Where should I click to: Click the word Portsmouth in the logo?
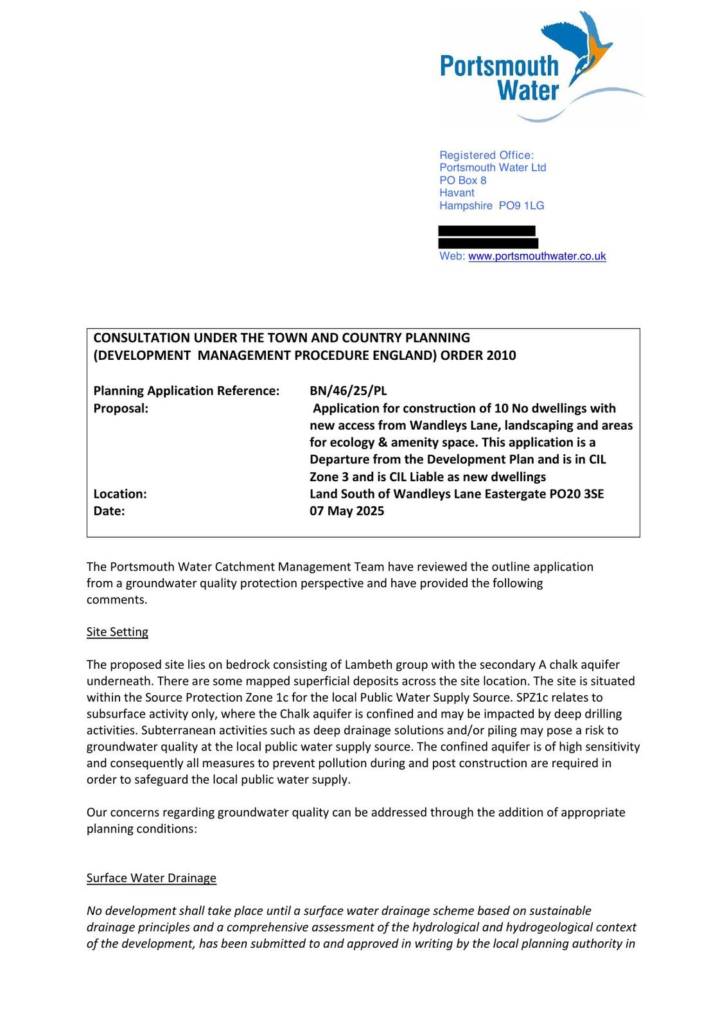pyautogui.click(x=499, y=66)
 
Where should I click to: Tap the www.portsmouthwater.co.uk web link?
pyautogui.click(x=537, y=256)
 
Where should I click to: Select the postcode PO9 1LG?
pyautogui.click(x=521, y=206)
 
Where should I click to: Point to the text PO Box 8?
pyautogui.click(x=462, y=181)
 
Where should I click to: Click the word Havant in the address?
pyautogui.click(x=457, y=193)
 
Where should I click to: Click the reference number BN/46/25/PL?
pyautogui.click(x=348, y=391)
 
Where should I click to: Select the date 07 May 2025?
pyautogui.click(x=347, y=511)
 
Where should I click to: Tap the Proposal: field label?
pyautogui.click(x=121, y=408)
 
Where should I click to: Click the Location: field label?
pyautogui.click(x=120, y=493)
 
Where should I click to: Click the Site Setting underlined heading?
pyautogui.click(x=118, y=632)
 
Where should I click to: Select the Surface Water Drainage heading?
pyautogui.click(x=152, y=878)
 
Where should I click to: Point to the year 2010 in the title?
pyautogui.click(x=501, y=355)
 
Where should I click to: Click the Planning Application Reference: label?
pyautogui.click(x=186, y=391)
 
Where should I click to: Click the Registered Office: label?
pyautogui.click(x=486, y=155)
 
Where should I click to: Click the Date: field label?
pyautogui.click(x=109, y=511)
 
